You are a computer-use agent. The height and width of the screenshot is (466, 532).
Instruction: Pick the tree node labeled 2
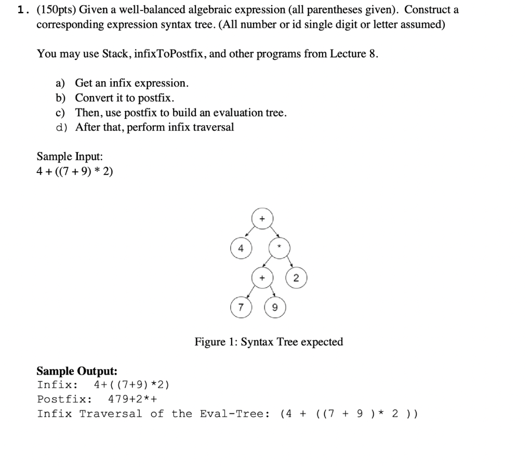[296, 278]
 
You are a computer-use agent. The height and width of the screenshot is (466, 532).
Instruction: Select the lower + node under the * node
[262, 278]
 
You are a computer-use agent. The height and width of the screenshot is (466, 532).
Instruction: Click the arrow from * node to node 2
[288, 264]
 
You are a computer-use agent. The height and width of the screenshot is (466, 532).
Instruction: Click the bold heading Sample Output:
[77, 371]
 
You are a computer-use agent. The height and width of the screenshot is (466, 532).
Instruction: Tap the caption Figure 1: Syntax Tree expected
[269, 342]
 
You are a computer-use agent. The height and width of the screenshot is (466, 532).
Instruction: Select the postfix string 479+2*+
[132, 400]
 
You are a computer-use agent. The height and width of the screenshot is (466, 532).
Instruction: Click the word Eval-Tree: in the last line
[234, 414]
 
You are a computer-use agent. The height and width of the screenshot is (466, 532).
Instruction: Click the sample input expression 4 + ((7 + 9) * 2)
[74, 171]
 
